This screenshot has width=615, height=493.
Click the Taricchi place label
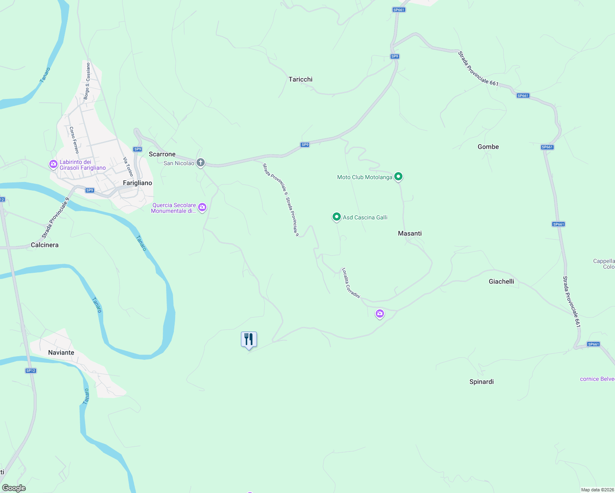pos(300,79)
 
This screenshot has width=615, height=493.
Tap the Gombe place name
pos(488,147)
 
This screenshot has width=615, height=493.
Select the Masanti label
pos(409,233)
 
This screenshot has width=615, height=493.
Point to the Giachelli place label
pos(501,281)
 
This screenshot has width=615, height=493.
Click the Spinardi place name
pos(481,382)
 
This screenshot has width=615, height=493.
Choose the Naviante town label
pos(61,352)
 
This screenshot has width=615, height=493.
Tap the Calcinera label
pos(45,245)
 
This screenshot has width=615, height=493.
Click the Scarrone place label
pos(162,154)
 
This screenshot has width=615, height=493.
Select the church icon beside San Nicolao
pos(201,163)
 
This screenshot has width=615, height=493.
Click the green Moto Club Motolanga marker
pos(398,177)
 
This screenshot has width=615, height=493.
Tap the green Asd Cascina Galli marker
pos(336,217)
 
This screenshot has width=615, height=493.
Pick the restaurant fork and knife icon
pos(249,339)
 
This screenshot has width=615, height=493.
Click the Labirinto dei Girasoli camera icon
pos(53,164)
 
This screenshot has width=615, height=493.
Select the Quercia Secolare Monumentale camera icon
pos(202,207)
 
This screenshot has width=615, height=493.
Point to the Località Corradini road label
pos(351,283)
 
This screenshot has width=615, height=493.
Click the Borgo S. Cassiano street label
pos(87,81)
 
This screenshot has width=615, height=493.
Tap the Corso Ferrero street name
pos(74,140)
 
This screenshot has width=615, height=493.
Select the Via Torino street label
pos(128,167)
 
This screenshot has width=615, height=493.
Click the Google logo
pos(14,488)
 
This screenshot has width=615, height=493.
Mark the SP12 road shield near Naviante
pos(31,371)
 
